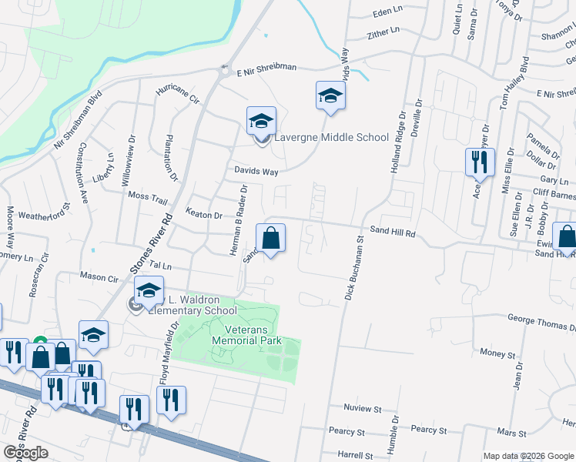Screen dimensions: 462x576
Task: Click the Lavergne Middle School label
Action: click(x=332, y=138)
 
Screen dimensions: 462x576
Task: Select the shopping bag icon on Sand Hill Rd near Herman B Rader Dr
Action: click(x=271, y=239)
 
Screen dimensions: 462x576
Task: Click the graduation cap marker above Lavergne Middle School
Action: click(x=261, y=121)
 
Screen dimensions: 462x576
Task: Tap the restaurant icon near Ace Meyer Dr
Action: click(x=478, y=163)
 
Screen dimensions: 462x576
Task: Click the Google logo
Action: click(x=25, y=452)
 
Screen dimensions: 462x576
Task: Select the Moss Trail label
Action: click(x=148, y=199)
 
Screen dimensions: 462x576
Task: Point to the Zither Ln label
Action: click(x=383, y=32)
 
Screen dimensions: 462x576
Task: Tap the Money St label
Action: click(x=497, y=353)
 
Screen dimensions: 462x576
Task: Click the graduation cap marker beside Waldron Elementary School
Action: click(x=149, y=293)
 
